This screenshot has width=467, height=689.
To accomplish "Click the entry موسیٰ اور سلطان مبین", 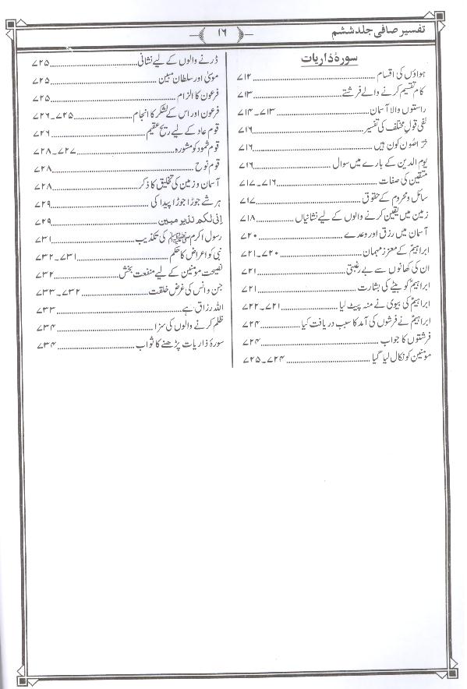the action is point(181,79).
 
